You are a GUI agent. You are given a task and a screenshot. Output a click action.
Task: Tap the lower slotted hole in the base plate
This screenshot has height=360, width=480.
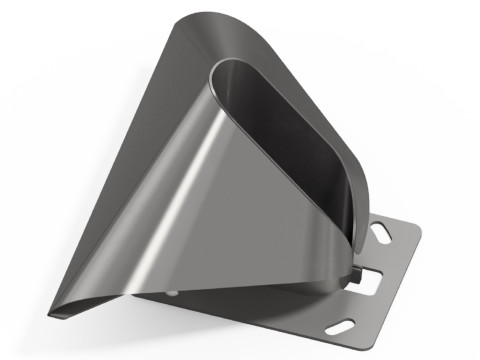[x=344, y=324]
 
